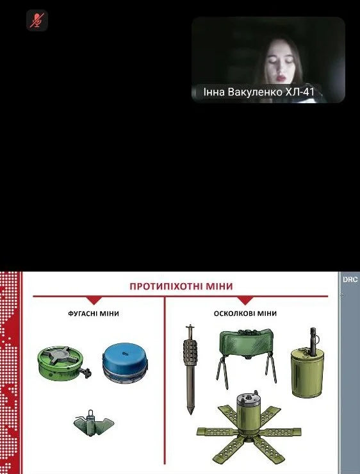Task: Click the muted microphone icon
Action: click(x=37, y=20)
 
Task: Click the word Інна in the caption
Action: click(x=215, y=92)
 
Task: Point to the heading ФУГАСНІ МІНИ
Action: click(x=94, y=313)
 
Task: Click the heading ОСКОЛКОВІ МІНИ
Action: click(x=245, y=313)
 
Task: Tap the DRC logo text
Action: click(x=350, y=280)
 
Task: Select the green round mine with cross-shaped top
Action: click(x=63, y=363)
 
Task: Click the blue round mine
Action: click(x=125, y=363)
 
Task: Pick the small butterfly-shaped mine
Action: click(x=94, y=422)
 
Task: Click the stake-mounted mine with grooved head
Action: click(x=190, y=370)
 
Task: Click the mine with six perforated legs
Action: click(x=249, y=429)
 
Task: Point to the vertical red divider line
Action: click(x=165, y=380)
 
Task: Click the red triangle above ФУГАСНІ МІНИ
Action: click(x=94, y=300)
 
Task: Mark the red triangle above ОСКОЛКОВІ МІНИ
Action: click(x=245, y=300)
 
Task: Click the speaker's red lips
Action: click(x=281, y=78)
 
